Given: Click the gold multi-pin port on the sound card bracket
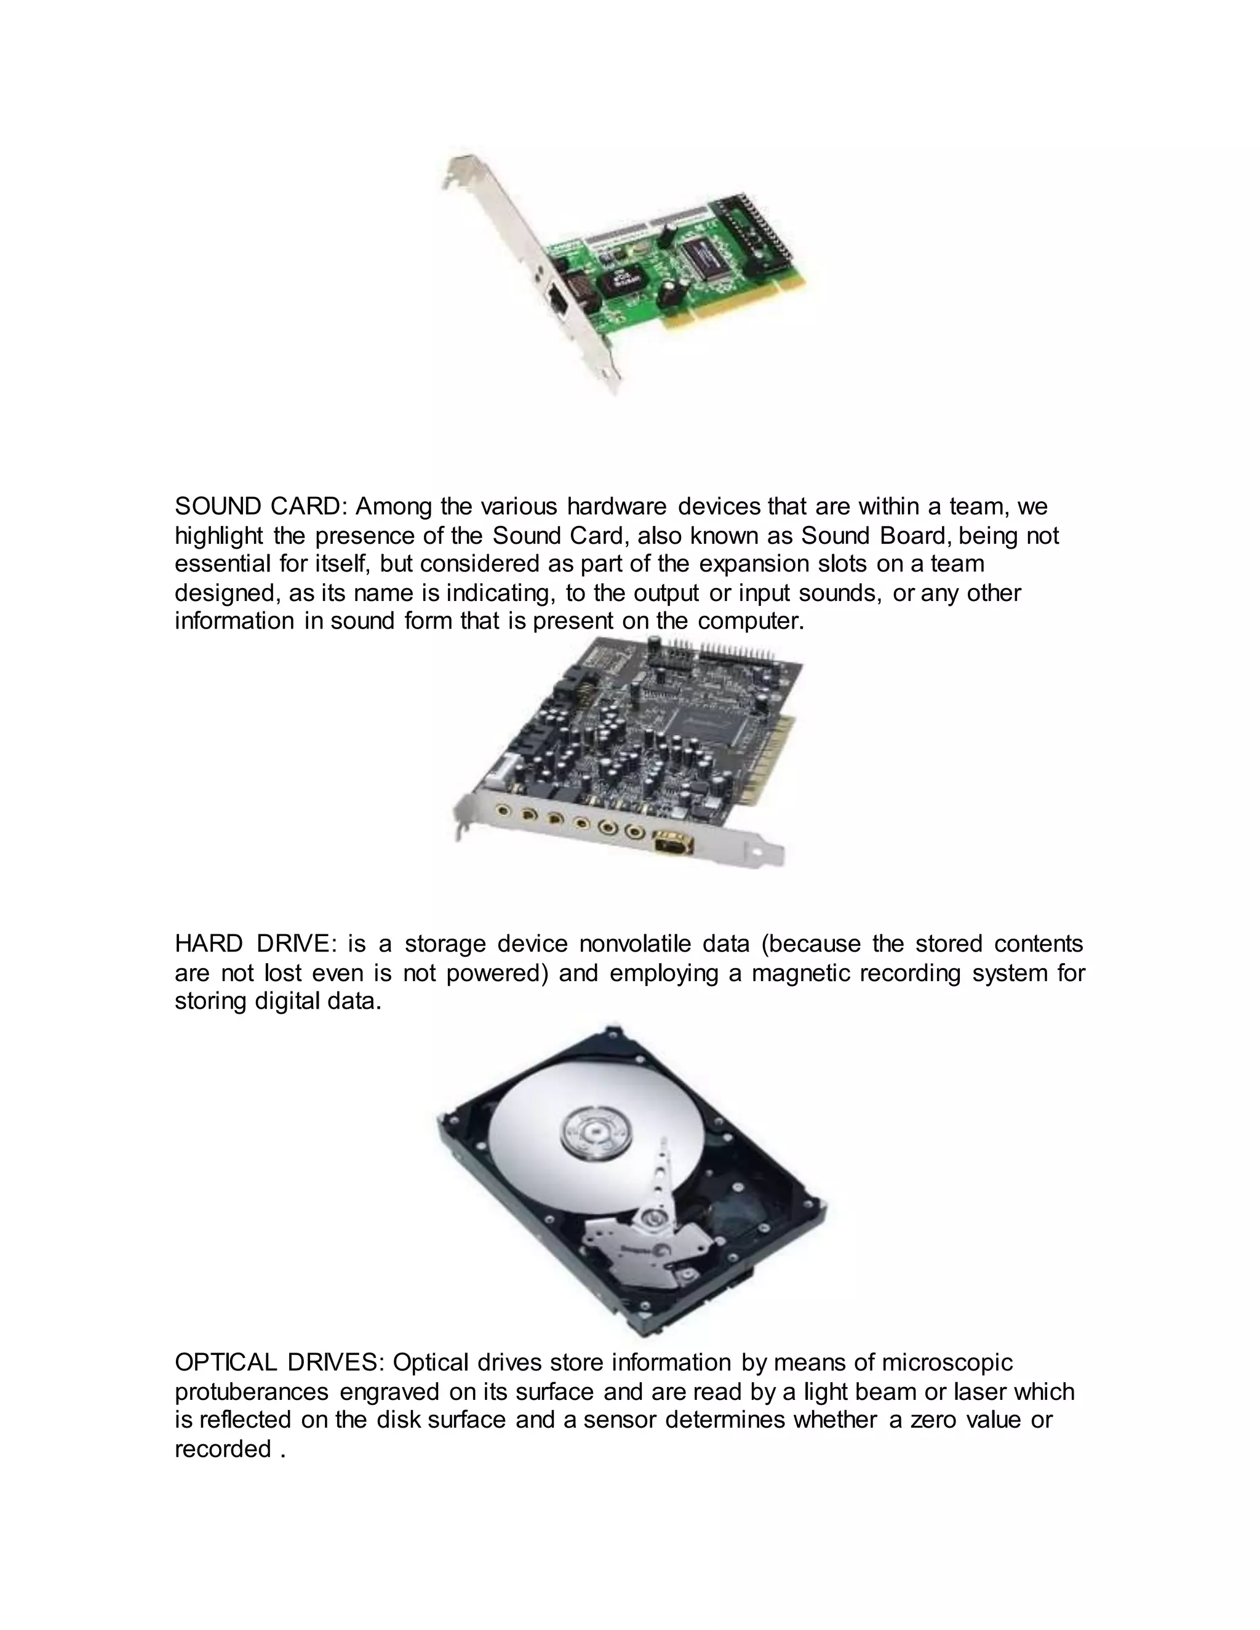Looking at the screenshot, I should click(x=673, y=843).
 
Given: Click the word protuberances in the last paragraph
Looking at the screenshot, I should click(x=252, y=1392).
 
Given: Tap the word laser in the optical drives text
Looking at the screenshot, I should click(x=980, y=1392).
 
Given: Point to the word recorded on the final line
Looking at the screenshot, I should click(x=223, y=1449).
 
